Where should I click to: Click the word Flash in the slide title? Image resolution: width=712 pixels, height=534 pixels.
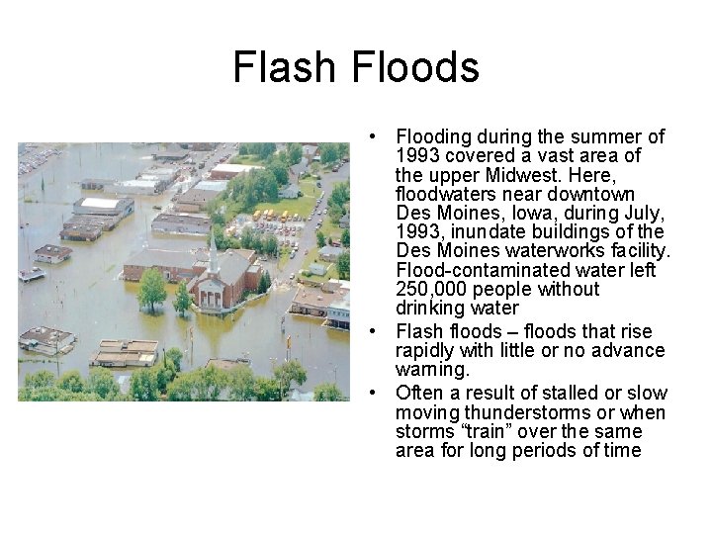coord(280,67)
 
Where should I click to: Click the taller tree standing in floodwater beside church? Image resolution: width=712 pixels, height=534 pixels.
coord(152,288)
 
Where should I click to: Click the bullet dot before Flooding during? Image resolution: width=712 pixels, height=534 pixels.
coord(367,136)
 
